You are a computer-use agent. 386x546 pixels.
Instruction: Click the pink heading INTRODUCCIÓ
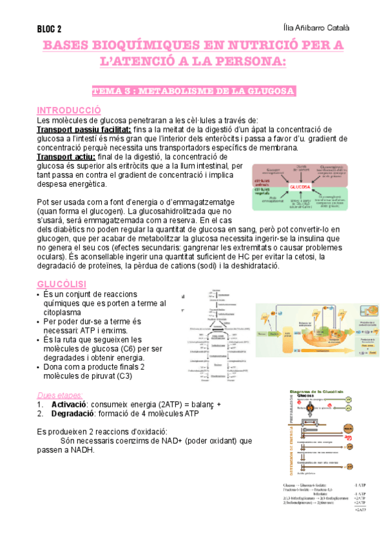69,110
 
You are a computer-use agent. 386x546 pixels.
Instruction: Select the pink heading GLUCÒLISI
62,284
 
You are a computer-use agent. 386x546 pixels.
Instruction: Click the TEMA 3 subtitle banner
193,91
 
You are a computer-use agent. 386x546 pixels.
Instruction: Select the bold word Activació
70,404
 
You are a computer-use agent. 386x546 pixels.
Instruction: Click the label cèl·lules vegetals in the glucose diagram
264,193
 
